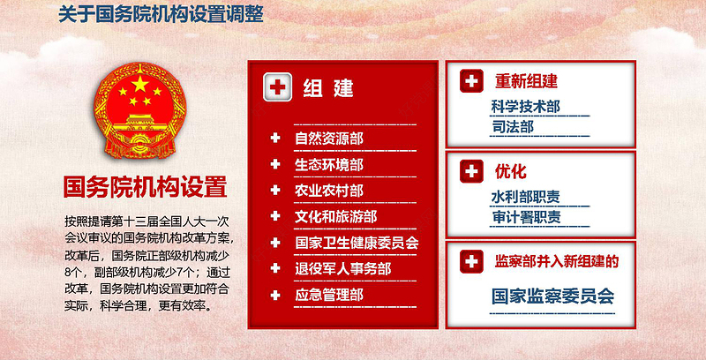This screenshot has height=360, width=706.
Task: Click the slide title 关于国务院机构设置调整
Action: click(x=160, y=15)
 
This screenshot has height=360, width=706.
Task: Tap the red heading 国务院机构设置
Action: click(x=146, y=188)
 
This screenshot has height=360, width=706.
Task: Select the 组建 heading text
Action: click(x=328, y=88)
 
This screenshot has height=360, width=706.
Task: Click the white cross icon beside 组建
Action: click(x=278, y=87)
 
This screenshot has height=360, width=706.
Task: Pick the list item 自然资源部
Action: click(x=328, y=139)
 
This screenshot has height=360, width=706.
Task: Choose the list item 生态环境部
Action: click(x=328, y=164)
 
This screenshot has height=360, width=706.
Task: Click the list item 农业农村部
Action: click(x=328, y=191)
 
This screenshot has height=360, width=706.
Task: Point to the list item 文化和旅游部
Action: click(x=335, y=216)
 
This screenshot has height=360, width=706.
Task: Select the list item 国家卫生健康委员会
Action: click(x=357, y=243)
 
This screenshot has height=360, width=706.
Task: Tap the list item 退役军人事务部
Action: click(x=342, y=269)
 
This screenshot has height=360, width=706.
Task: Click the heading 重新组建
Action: click(x=526, y=82)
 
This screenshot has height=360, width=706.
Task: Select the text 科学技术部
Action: click(x=526, y=107)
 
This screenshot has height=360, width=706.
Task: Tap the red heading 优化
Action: click(x=510, y=171)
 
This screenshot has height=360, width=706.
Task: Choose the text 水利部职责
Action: click(x=526, y=197)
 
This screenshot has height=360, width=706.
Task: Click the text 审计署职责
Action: click(x=526, y=218)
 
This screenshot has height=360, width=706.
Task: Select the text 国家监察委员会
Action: click(x=552, y=296)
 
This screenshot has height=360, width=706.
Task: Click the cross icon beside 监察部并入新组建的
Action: click(x=473, y=261)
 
